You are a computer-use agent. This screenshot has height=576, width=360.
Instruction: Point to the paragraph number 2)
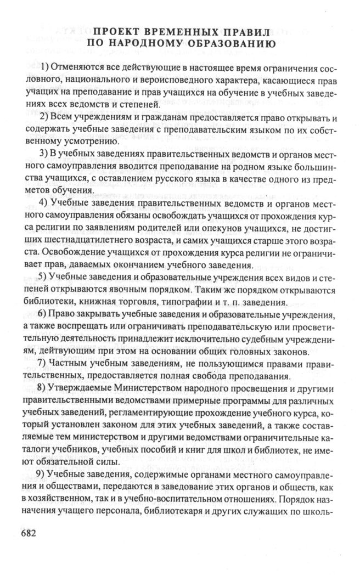pyautogui.click(x=46, y=118)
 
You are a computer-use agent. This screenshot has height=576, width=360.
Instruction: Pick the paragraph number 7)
pyautogui.click(x=46, y=364)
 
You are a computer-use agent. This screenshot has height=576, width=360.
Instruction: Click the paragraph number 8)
pyautogui.click(x=46, y=389)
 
